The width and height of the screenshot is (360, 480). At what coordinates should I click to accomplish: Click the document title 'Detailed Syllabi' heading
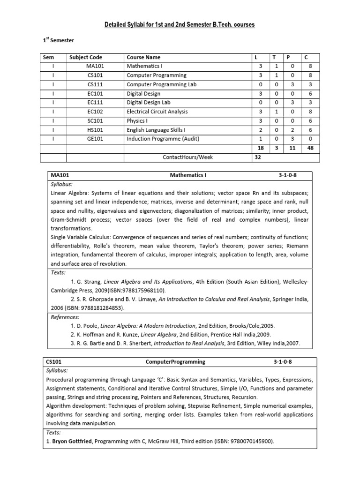tap(180, 24)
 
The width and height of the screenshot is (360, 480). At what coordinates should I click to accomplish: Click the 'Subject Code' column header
tap(86, 57)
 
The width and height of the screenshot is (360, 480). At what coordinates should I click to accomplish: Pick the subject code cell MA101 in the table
tap(95, 66)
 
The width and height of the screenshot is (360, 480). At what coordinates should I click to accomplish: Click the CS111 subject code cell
tap(95, 84)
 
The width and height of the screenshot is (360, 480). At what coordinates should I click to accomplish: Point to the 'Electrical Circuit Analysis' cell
tap(157, 112)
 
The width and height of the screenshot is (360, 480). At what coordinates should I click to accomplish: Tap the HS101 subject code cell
tap(95, 130)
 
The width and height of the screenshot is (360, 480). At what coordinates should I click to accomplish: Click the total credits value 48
tap(310, 148)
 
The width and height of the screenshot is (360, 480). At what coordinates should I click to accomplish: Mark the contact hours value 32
tap(258, 157)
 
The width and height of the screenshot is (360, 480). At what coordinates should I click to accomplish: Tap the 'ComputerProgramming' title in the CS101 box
tap(175, 362)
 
